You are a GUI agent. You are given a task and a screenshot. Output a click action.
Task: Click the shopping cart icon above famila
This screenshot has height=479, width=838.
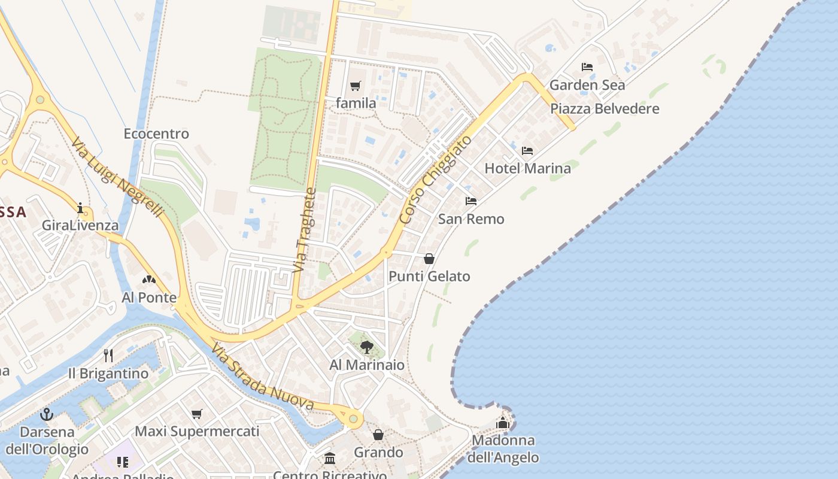coord(356,86)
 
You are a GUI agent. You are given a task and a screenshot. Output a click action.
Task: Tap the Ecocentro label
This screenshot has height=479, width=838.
coord(156,134)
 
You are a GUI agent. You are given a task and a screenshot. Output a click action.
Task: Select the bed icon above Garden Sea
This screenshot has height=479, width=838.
coord(587,67)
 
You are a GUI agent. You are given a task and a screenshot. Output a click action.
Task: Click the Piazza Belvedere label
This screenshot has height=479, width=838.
coord(605,109)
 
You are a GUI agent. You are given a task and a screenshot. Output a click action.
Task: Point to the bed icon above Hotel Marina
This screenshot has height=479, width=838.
coord(527,150)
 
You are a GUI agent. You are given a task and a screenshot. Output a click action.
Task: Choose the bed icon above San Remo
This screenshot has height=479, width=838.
coord(471,201)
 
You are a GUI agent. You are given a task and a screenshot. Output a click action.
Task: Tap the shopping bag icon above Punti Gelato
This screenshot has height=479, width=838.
coord(429,259)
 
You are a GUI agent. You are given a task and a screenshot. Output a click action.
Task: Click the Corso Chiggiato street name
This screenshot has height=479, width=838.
coord(435,180)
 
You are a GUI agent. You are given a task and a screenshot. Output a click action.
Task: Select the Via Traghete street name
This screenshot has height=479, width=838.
coord(305,231)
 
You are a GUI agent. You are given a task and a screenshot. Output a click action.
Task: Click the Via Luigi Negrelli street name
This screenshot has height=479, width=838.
coord(117,178)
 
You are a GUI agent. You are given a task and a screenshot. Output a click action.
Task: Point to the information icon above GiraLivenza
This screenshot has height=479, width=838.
coord(80,208)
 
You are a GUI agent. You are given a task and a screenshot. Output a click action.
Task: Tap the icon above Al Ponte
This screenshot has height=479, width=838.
coord(149,279)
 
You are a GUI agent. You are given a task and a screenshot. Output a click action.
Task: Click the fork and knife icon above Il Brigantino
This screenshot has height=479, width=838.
coord(108,355)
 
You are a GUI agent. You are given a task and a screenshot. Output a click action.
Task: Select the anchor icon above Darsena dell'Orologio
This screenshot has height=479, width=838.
coord(47,414)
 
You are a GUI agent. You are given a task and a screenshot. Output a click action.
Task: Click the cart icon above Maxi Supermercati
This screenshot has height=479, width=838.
coord(197,414)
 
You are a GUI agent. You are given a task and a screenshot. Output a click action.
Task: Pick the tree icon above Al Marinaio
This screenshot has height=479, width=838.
coord(367,347)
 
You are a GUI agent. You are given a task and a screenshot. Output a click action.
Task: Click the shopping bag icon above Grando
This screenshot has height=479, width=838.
coord(378,434)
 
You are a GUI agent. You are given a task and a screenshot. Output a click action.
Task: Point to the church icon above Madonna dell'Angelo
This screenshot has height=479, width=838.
coord(503,423)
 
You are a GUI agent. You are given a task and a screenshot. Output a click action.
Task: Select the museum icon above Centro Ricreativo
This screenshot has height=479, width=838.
coord(330,458)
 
